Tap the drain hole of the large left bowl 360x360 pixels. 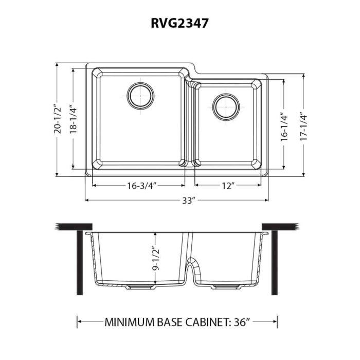pos(140,95)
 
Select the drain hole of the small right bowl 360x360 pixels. pos(226,106)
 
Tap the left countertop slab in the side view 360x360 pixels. pos(73,227)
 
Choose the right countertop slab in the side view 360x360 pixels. pos(281,227)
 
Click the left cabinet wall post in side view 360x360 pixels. pos(80,262)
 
